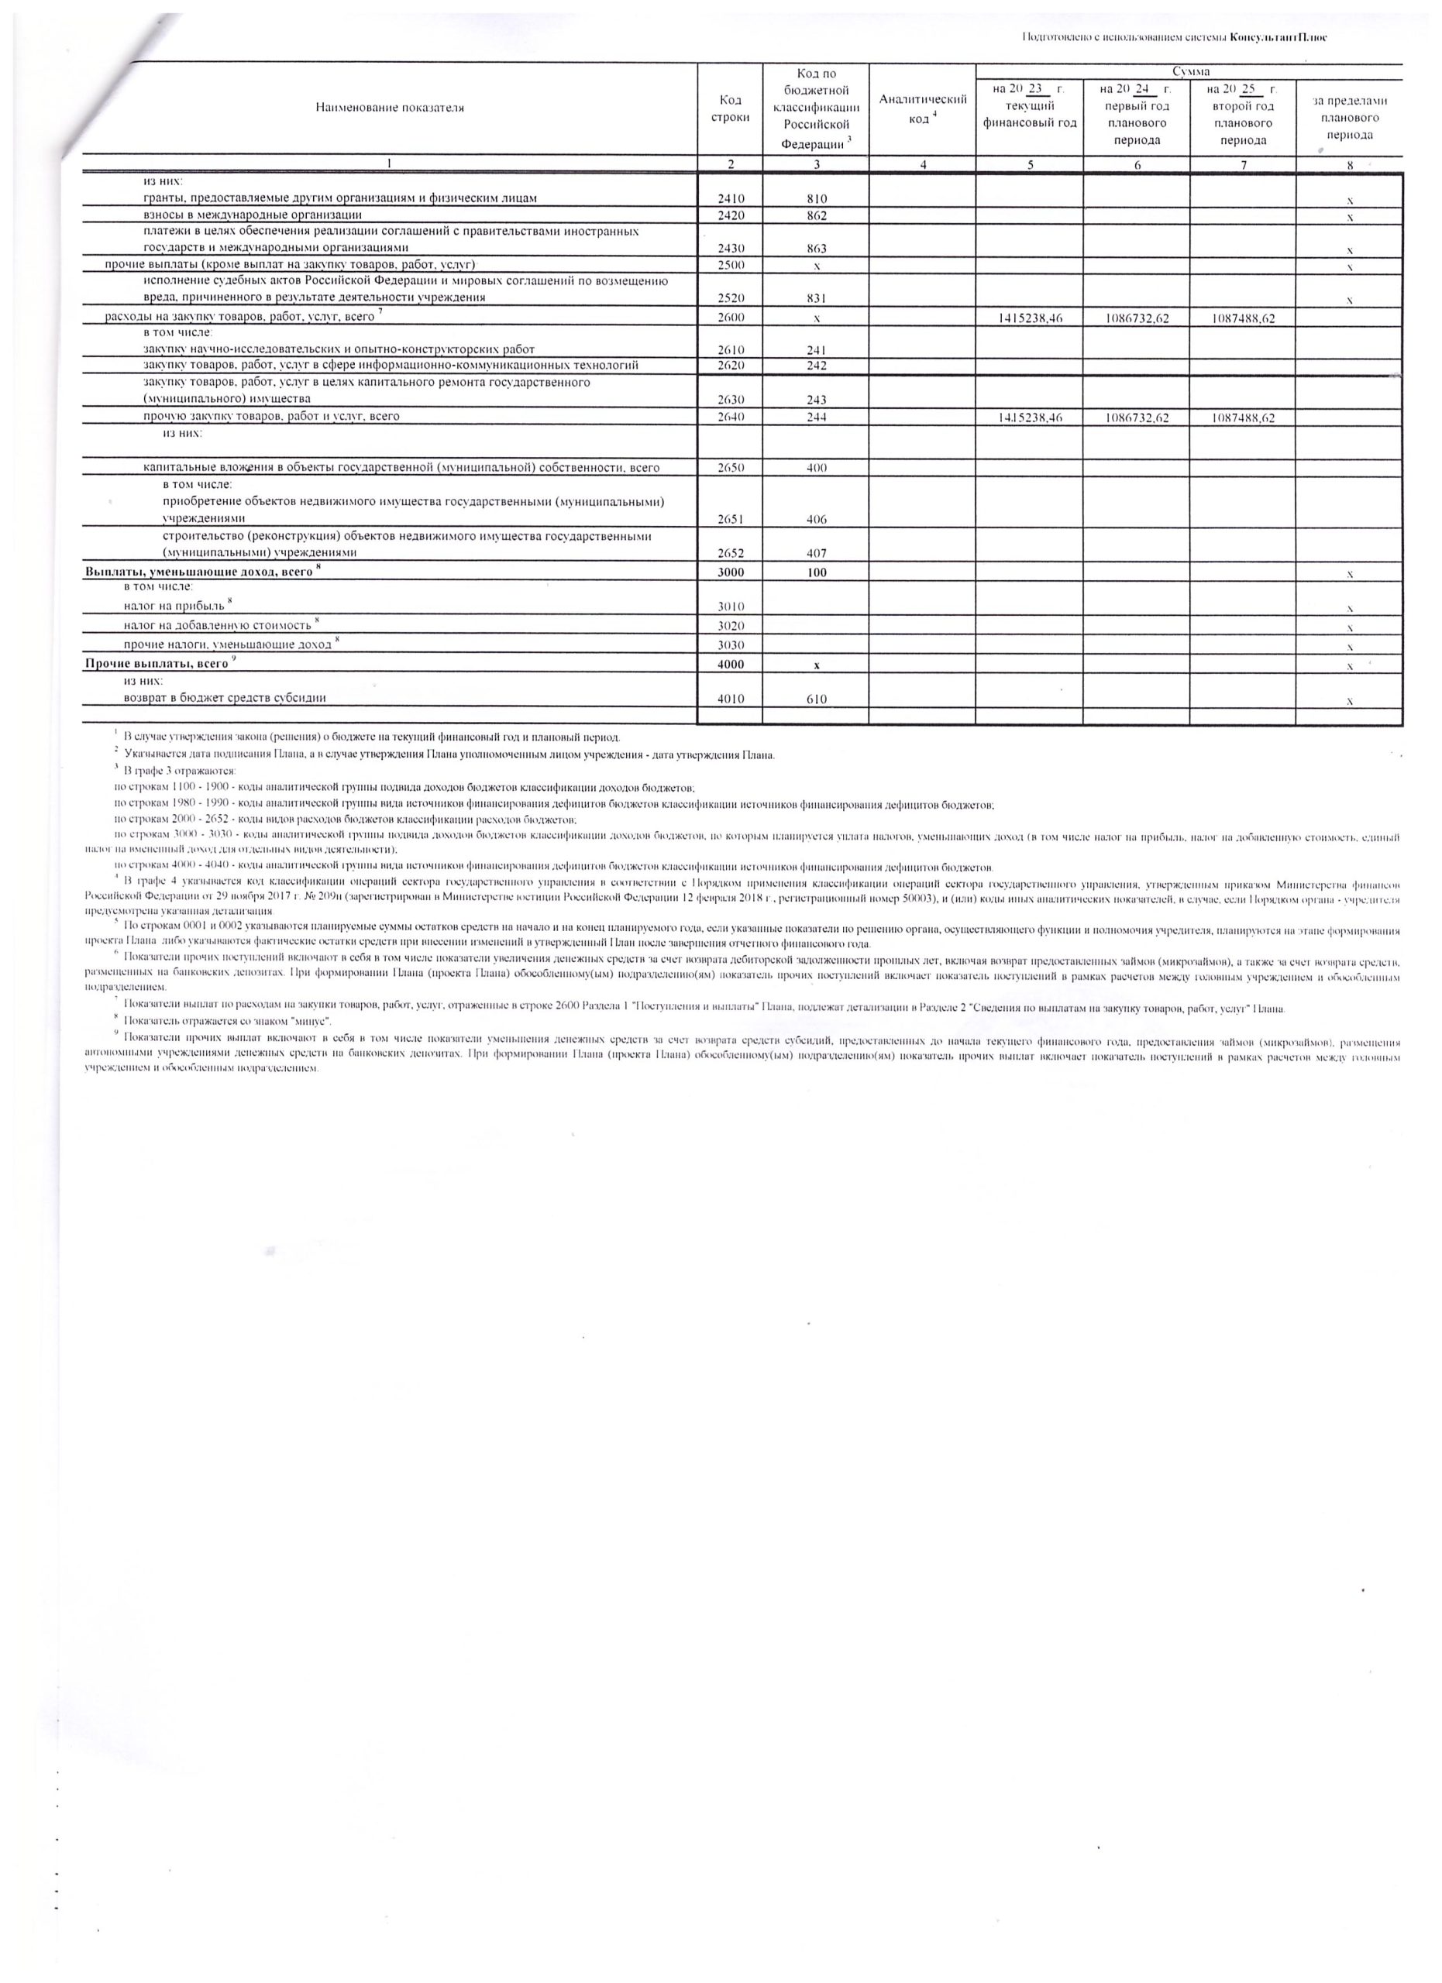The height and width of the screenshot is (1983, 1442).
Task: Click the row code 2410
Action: point(730,198)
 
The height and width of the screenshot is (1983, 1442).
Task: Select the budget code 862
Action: point(816,215)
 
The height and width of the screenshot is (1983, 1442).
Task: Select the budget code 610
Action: point(816,699)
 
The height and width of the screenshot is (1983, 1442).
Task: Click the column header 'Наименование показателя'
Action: point(390,108)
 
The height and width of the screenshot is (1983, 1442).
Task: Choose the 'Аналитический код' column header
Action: point(922,108)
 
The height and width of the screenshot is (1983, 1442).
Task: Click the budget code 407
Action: point(816,553)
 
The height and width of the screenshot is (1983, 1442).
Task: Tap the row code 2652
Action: point(730,553)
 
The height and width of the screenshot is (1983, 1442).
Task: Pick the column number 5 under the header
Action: point(1029,164)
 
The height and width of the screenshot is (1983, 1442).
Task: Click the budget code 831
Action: point(816,298)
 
